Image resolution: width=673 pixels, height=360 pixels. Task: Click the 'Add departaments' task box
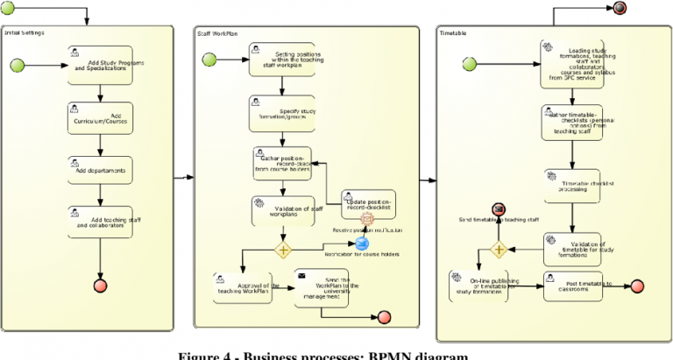100,171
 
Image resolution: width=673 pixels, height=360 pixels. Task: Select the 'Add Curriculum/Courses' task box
100,118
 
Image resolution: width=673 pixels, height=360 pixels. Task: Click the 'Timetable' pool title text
454,32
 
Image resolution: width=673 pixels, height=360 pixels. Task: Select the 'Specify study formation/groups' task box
282,114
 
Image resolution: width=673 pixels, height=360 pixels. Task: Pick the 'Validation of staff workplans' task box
282,211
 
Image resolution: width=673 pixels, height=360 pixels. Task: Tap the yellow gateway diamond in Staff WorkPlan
283,250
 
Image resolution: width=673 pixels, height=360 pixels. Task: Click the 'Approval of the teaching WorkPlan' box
243,287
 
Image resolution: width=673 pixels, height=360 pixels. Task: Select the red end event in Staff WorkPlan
384,317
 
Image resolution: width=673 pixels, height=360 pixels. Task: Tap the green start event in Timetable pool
470,63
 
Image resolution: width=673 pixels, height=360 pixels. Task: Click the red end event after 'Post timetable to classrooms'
636,286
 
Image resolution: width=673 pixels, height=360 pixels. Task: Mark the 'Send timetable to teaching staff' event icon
499,208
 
